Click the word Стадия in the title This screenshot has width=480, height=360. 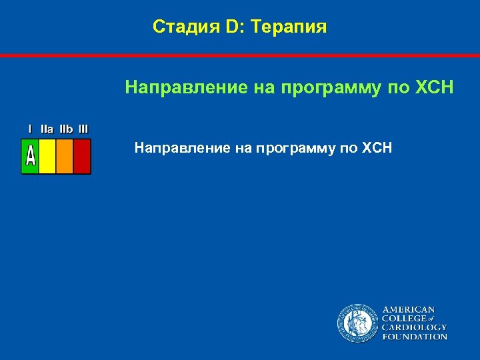tap(181, 27)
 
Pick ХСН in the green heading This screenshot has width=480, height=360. tap(434, 87)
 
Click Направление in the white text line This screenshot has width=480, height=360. tap(181, 147)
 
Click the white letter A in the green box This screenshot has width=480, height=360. tap(30, 157)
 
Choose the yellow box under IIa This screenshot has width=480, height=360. tap(47, 157)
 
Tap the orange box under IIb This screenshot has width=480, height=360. tap(65, 157)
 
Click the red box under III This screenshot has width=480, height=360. tap(82, 157)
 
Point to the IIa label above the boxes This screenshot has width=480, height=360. tap(47, 129)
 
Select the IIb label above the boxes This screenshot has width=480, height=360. tap(66, 129)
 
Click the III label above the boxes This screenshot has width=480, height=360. tap(83, 129)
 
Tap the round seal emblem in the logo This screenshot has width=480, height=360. tap(357, 323)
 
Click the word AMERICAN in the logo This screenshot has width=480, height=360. tap(408, 310)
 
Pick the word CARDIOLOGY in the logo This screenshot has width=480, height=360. tap(414, 328)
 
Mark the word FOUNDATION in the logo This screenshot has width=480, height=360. tap(414, 337)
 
